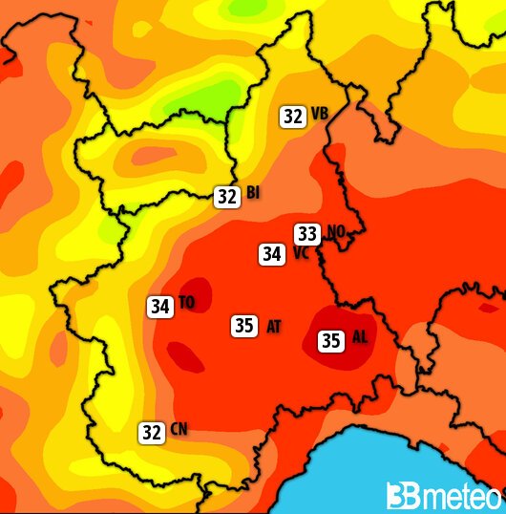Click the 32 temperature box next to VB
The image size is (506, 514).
(292, 117)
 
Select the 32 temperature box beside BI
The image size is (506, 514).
(226, 197)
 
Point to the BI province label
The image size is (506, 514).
(253, 194)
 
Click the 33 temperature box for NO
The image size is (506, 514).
(307, 233)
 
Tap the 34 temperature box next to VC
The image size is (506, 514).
(272, 254)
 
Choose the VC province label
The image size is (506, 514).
(300, 254)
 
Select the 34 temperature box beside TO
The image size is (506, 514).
(159, 307)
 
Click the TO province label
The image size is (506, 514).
(186, 304)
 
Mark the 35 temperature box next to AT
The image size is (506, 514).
(243, 326)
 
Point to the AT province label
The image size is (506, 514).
(273, 327)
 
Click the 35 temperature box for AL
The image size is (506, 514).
(331, 340)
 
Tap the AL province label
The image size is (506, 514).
(359, 337)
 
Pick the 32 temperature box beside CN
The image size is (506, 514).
(151, 432)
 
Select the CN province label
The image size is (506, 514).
(179, 431)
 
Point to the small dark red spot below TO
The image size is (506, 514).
(188, 358)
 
